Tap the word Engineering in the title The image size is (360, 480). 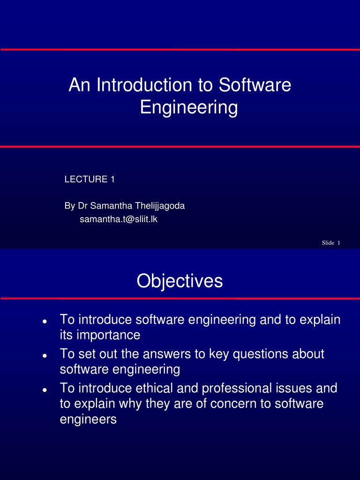[189, 108]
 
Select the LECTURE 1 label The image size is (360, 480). [89, 179]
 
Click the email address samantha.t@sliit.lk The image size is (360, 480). [118, 219]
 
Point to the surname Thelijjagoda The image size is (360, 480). [160, 206]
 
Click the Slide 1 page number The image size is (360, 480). [330, 242]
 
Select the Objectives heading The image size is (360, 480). [180, 281]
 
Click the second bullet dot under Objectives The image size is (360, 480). [44, 356]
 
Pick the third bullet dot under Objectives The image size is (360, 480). [44, 390]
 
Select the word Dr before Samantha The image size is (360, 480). [82, 206]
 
